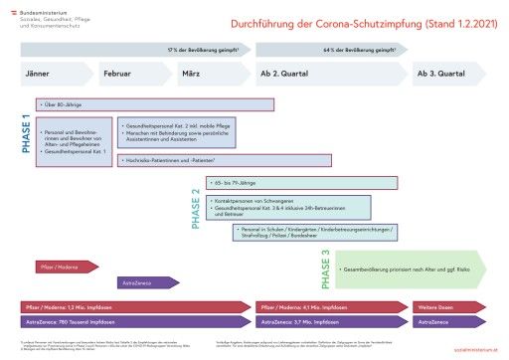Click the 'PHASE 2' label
[x=196, y=208]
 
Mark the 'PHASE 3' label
[x=325, y=268]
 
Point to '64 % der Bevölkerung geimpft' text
[x=355, y=48]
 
